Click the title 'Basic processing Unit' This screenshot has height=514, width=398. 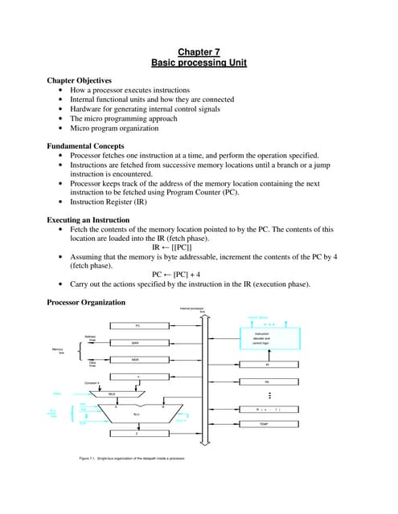pos(199,63)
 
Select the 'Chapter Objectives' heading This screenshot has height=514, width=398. pos(84,81)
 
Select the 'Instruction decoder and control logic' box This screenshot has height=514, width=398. pos(262,337)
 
